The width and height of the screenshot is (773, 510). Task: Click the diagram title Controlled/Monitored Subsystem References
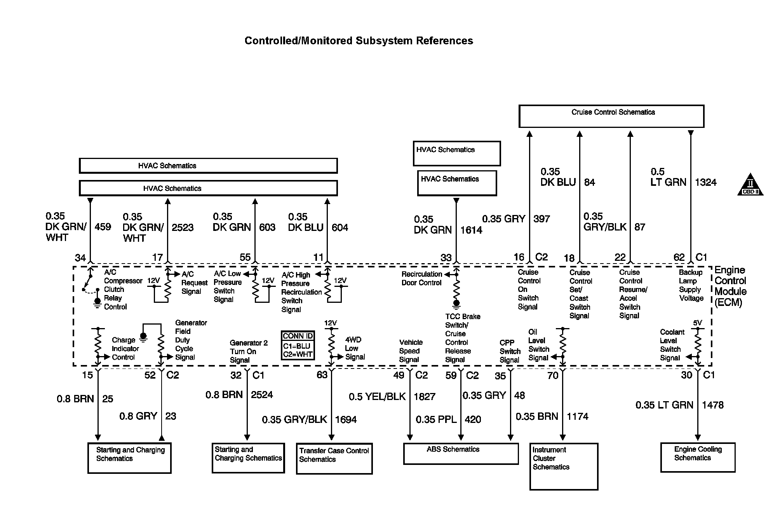[x=359, y=41]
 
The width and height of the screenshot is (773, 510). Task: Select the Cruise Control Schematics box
[x=611, y=116]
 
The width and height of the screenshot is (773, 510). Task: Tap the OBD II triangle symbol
[x=750, y=185]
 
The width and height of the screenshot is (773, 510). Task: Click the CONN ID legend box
[x=298, y=345]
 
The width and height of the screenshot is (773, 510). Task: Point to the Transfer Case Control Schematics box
[x=334, y=458]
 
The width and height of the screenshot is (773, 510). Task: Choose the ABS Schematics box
[x=461, y=453]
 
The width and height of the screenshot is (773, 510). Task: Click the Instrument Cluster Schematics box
[x=564, y=466]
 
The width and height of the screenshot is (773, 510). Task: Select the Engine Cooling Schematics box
[x=698, y=457]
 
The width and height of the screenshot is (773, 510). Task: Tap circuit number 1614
[x=471, y=230]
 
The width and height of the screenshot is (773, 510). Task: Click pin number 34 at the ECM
[x=80, y=258]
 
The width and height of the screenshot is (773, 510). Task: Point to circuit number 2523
[x=183, y=227]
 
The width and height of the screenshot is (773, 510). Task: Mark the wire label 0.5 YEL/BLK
[x=377, y=396]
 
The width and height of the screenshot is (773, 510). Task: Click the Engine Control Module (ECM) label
[x=730, y=286]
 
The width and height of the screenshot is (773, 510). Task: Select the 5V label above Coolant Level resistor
[x=697, y=323]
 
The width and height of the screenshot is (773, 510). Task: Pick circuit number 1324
[x=705, y=182]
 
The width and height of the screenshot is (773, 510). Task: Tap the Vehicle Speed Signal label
[x=411, y=351]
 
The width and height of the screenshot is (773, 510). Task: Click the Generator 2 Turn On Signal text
[x=249, y=351]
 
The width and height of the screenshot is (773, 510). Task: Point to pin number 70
[x=552, y=376]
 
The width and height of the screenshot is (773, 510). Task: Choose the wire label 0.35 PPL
[x=436, y=419]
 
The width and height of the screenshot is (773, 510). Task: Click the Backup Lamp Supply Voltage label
[x=691, y=285]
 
